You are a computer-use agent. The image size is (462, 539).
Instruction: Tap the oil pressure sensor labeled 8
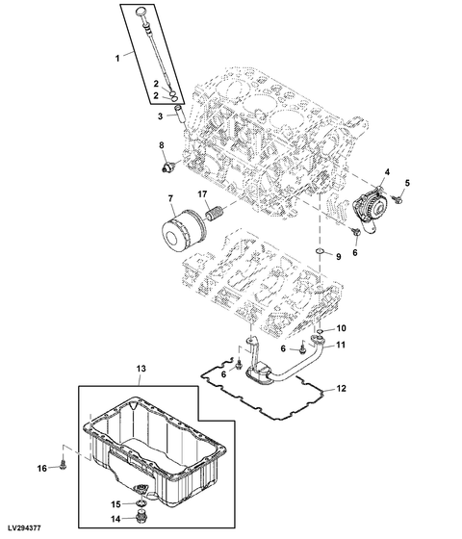(168, 167)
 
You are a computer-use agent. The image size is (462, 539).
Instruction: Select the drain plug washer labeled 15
(141, 503)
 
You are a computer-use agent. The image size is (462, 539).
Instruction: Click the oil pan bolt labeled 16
(64, 465)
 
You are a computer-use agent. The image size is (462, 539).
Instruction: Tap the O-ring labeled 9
(321, 252)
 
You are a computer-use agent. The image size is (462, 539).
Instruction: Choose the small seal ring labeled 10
(320, 331)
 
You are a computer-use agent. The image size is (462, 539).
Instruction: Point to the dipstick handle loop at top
(141, 13)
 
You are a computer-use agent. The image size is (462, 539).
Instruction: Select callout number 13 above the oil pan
(141, 369)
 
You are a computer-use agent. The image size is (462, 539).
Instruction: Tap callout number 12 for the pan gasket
(341, 389)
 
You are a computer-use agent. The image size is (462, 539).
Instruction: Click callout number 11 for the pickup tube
(341, 345)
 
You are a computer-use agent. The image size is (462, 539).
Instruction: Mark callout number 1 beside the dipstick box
(117, 58)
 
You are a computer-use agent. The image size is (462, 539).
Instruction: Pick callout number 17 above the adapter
(203, 194)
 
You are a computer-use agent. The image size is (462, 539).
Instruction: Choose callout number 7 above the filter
(170, 198)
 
